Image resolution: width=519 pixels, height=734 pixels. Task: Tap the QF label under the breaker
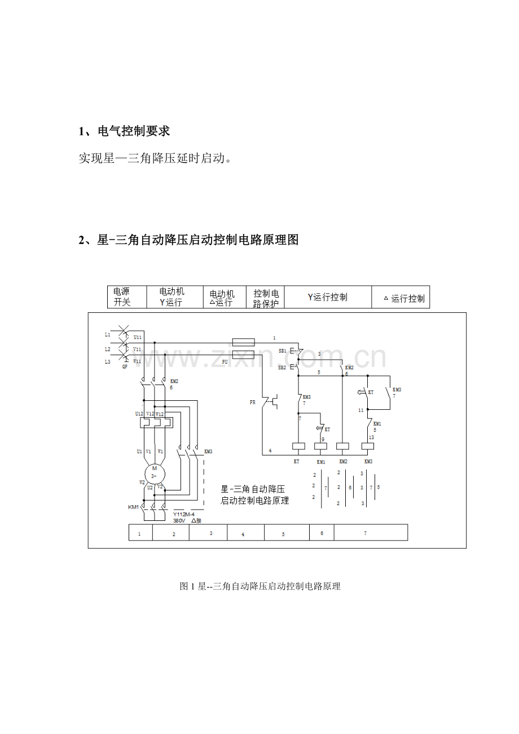click(125, 366)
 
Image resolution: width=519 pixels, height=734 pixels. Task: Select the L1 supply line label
click(107, 334)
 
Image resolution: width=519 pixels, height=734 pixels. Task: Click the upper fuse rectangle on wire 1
click(244, 342)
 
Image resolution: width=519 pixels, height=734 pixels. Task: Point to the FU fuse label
click(225, 361)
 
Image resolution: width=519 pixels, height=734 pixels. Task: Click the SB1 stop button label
click(282, 351)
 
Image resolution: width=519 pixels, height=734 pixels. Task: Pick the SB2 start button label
click(282, 367)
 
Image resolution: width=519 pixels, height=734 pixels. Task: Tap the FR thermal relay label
click(252, 403)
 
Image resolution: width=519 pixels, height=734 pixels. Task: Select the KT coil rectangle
click(298, 446)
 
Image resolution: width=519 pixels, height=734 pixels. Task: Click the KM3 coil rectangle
click(368, 446)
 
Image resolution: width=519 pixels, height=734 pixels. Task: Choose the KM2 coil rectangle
click(342, 446)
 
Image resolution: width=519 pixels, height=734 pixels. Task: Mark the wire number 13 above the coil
click(371, 437)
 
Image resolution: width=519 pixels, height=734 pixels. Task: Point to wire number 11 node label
click(360, 410)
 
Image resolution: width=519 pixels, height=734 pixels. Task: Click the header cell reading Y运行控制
click(327, 297)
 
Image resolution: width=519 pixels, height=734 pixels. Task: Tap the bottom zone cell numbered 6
click(322, 532)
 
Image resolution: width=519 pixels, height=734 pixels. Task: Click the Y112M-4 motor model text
click(184, 514)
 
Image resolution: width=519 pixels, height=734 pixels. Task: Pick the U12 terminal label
click(139, 414)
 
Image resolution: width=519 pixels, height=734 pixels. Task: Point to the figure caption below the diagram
click(260, 586)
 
